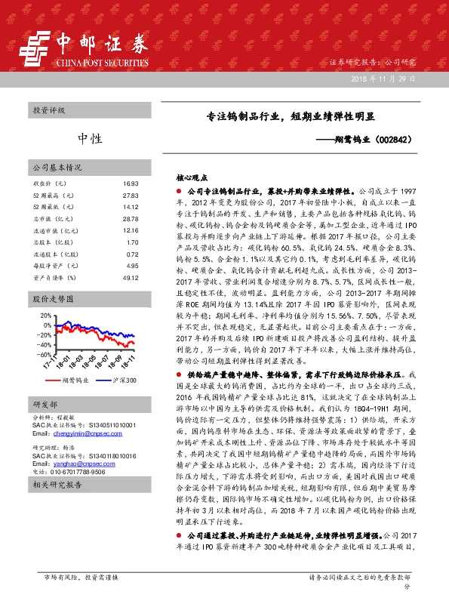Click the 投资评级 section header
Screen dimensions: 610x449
[x=49, y=110]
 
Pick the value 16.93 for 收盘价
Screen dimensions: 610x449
[x=130, y=183]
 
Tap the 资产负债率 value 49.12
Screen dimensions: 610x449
[x=130, y=278]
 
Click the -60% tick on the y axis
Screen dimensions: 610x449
[x=45, y=354]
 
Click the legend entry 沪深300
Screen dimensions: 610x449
[x=121, y=380]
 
